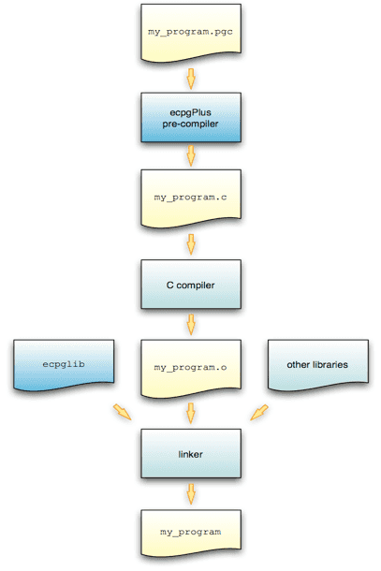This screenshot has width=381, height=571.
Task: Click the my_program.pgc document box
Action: [191, 32]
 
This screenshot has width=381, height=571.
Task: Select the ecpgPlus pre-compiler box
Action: [191, 116]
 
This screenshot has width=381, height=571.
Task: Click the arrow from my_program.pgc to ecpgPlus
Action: [191, 76]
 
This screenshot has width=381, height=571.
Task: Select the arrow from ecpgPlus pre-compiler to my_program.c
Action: [191, 156]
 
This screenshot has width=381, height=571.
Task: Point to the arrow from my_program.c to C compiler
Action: [191, 243]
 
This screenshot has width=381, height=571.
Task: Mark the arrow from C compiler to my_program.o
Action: [191, 324]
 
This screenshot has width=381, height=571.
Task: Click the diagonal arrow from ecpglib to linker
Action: [122, 412]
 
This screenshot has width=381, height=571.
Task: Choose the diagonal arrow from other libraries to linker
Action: [259, 412]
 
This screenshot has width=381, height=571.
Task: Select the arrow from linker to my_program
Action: [191, 492]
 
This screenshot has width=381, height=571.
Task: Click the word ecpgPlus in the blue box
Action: [191, 110]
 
